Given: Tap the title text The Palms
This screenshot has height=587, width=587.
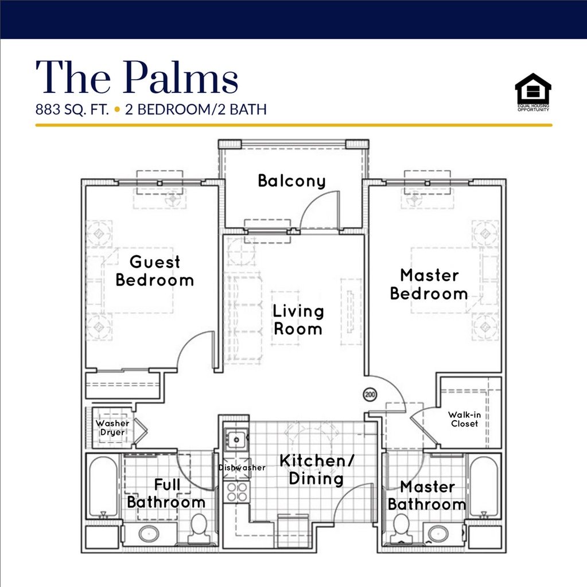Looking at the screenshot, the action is point(137,77).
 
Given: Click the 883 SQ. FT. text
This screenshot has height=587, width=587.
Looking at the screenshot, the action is point(72,109).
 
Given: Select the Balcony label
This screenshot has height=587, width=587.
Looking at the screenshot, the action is point(291,181).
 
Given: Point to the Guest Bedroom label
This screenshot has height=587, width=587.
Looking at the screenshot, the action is point(154,271).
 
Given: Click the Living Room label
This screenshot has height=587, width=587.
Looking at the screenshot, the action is point(298,320).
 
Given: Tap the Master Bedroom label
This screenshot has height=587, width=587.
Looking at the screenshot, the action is point(429,284).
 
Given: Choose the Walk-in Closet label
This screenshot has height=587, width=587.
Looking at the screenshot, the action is point(464,419).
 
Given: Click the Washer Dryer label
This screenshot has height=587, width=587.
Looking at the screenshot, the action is point(112,428).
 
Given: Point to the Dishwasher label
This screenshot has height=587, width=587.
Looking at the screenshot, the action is point(242,468).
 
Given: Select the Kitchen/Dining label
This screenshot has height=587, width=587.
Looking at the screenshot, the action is point(317,469).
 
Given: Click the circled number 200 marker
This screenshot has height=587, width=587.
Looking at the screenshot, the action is point(370,394).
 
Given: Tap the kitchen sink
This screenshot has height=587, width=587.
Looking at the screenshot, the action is point(236,439).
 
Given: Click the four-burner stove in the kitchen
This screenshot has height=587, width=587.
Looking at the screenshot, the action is point(236,492).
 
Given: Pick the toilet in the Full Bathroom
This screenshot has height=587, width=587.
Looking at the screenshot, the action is point(199,528).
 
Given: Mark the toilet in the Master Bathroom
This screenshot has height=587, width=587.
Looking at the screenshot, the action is point(401,528).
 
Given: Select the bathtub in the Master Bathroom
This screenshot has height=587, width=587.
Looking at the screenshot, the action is point(484,487).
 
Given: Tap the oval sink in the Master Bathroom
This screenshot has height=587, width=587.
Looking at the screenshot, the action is point(438,534).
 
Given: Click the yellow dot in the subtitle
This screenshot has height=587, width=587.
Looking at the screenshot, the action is point(117,109).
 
